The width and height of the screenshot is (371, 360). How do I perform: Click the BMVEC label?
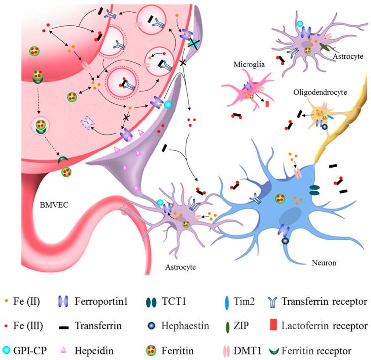point(54,204)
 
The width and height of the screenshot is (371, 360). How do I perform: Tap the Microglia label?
point(249,64)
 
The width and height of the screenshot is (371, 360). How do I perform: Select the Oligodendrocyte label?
point(320,92)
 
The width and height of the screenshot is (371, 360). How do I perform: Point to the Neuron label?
point(324,263)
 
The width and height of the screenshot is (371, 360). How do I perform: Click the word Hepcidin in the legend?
point(94,351)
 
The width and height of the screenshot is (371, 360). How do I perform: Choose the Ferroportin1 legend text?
point(101,301)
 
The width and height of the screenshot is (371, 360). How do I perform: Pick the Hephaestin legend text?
point(185,326)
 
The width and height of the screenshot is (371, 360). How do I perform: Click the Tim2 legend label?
point(244,301)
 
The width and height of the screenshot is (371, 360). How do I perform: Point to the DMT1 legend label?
point(247,351)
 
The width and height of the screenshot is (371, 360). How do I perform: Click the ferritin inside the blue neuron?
point(280,198)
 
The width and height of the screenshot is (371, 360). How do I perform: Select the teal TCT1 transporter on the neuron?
point(314,190)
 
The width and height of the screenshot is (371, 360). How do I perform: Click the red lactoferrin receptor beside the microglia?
point(267,104)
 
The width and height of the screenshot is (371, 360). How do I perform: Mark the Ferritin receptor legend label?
point(316,351)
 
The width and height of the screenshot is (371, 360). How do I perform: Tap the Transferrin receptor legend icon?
point(272,302)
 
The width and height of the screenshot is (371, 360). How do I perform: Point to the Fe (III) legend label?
point(28,326)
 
